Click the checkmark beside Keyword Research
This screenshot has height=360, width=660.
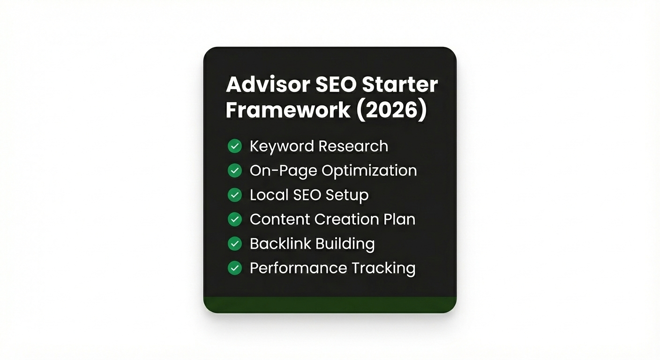point(234,146)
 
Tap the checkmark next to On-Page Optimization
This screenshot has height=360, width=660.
point(234,171)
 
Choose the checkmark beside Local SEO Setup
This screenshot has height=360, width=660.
point(234,195)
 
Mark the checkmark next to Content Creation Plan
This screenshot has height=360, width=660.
point(234,219)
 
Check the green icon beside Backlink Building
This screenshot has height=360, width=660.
point(234,244)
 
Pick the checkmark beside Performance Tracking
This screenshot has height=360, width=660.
point(234,268)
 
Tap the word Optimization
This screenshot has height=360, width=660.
point(369,171)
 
